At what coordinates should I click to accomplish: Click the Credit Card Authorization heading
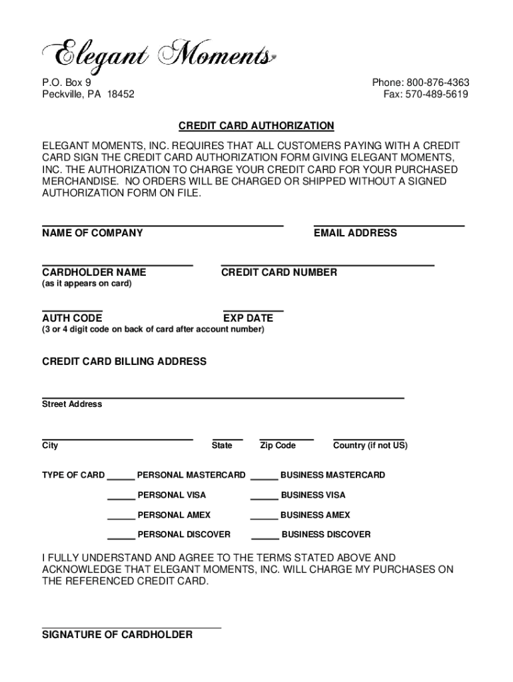(256, 126)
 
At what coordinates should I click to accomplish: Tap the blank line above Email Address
(388, 226)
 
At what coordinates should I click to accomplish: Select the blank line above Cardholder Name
(117, 265)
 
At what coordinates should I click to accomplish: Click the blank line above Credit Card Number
(327, 265)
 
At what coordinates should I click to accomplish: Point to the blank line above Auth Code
(72, 311)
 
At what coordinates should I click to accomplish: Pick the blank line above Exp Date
(253, 311)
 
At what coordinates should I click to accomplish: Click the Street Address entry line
(223, 398)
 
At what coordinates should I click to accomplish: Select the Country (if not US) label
(370, 446)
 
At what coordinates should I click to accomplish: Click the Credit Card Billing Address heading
(124, 362)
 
